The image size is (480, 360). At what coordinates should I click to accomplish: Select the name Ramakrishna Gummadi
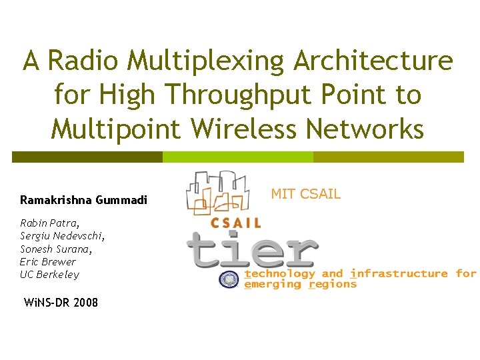[83, 200]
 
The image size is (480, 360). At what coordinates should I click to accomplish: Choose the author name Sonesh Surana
[56, 249]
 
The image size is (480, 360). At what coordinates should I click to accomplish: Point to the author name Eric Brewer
[48, 261]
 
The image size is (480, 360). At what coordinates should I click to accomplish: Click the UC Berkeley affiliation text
[49, 274]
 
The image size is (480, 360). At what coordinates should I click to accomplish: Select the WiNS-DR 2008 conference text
[61, 303]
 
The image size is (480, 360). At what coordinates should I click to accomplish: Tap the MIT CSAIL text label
[305, 194]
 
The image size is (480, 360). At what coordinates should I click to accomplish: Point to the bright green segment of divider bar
[238, 157]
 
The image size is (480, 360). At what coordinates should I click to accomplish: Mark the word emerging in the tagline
[274, 284]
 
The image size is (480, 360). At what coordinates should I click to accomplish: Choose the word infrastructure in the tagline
[399, 273]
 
